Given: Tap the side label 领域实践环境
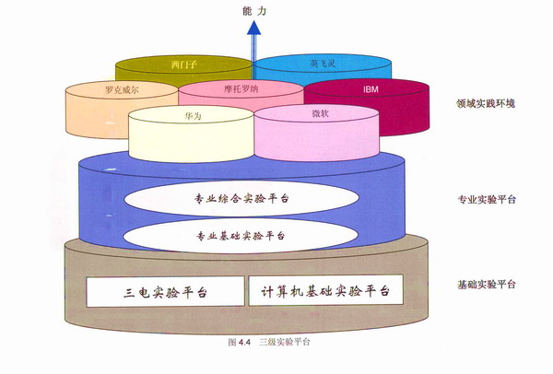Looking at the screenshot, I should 485,103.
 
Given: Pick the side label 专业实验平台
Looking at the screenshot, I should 485,199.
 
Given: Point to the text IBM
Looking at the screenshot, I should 371,89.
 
